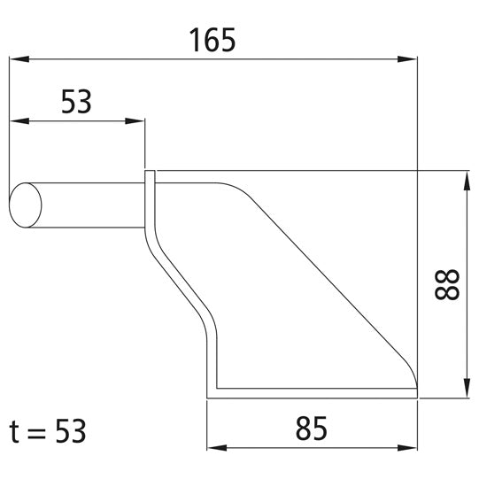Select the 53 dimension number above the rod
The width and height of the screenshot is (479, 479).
pyautogui.click(x=77, y=103)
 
